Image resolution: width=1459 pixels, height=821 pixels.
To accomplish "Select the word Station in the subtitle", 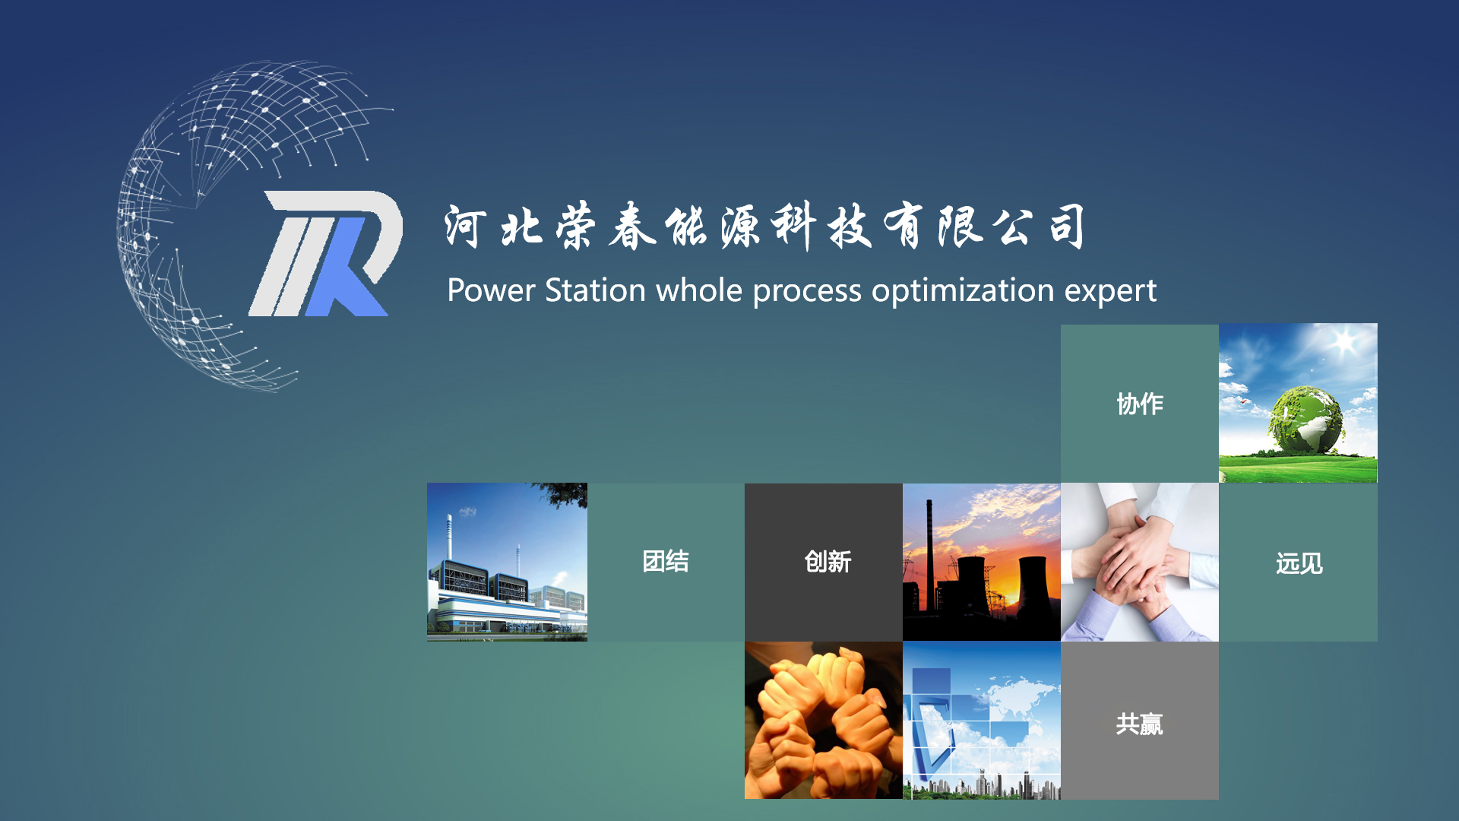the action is (x=595, y=290).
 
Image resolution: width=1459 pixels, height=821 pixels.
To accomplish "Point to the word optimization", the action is (x=963, y=292).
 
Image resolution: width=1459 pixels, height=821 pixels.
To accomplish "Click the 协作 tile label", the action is (x=1140, y=404).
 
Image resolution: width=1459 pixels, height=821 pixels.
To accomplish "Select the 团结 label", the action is (x=666, y=561).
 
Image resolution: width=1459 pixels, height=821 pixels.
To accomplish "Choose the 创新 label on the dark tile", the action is (x=828, y=562).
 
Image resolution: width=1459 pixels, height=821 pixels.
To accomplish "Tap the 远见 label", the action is (x=1299, y=563).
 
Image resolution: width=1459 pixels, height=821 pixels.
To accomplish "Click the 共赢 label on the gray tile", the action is (x=1140, y=724).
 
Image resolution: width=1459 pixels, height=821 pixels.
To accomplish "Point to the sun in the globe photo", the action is (x=1344, y=341).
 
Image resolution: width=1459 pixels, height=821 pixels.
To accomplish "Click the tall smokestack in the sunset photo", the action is (x=929, y=555).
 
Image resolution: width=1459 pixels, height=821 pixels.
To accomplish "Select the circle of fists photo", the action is (x=824, y=720).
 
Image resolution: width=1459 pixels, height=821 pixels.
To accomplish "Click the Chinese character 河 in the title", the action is (x=465, y=227).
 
